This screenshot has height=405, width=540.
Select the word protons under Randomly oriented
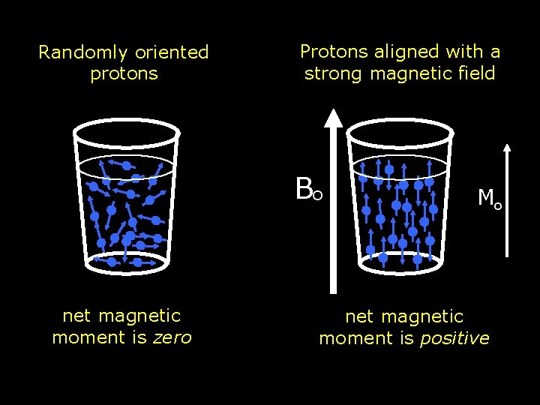tap(124, 73)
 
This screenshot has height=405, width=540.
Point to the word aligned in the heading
tap(403, 52)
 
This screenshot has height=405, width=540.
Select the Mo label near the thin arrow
tap(490, 199)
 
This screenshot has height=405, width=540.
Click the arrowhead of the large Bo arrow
tap(334, 117)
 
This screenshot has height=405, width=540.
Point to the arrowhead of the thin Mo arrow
tap(509, 148)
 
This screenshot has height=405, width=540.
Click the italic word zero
tap(172, 337)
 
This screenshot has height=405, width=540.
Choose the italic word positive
tap(454, 338)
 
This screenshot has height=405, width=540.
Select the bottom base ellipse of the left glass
tap(126, 262)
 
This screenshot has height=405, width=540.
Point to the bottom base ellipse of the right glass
tap(399, 260)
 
